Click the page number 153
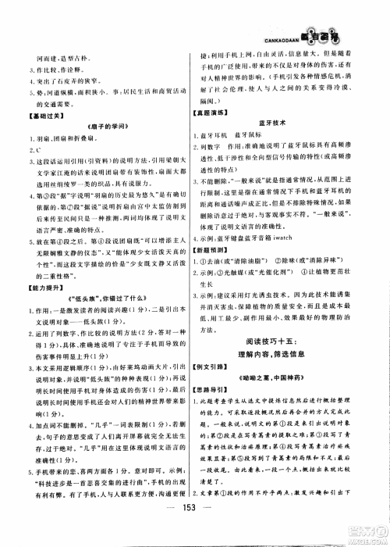pyautogui.click(x=195, y=524)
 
